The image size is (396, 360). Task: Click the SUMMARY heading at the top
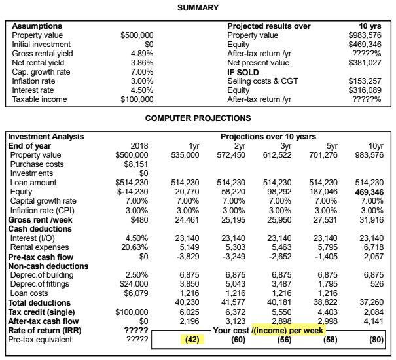tap(198, 8)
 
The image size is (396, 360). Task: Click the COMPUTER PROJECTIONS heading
tap(198, 118)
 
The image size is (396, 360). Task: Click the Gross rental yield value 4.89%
tap(142, 54)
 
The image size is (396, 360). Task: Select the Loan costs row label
tap(29, 293)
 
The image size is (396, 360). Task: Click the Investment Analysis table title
tap(46, 137)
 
